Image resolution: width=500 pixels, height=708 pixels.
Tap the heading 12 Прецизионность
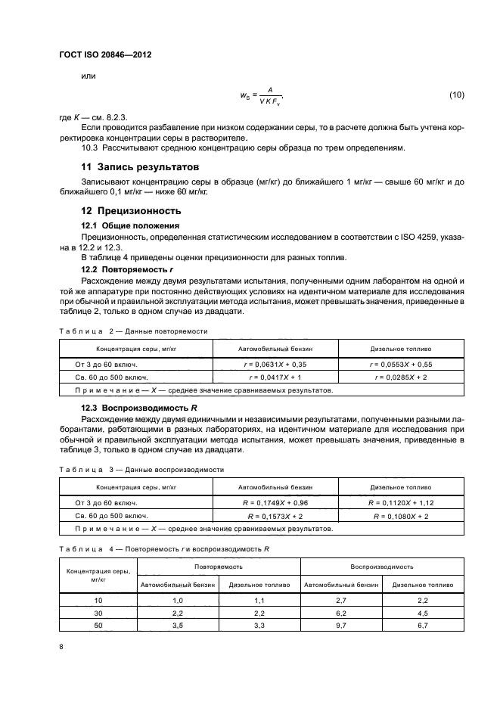pyautogui.click(x=131, y=211)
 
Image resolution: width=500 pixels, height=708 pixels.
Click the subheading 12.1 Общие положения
pyautogui.click(x=130, y=225)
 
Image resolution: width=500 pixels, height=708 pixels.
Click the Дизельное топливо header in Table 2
pyautogui.click(x=400, y=349)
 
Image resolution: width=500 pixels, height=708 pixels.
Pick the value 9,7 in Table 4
pyautogui.click(x=340, y=626)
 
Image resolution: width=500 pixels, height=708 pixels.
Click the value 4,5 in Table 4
pyautogui.click(x=422, y=613)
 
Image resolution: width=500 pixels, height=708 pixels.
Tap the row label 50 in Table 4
pyautogui.click(x=97, y=626)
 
